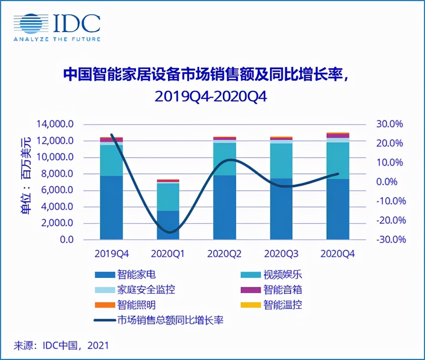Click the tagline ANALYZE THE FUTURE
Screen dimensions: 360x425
57,39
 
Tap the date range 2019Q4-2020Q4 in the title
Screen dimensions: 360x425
211,97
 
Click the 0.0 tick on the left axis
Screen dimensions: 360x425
66,239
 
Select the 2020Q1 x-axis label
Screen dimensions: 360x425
168,254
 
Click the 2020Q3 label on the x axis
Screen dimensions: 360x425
281,254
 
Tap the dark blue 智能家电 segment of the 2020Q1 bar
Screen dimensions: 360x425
168,225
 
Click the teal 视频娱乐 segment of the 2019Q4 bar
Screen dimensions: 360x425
111,160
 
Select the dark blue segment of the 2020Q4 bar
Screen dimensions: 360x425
338,209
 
